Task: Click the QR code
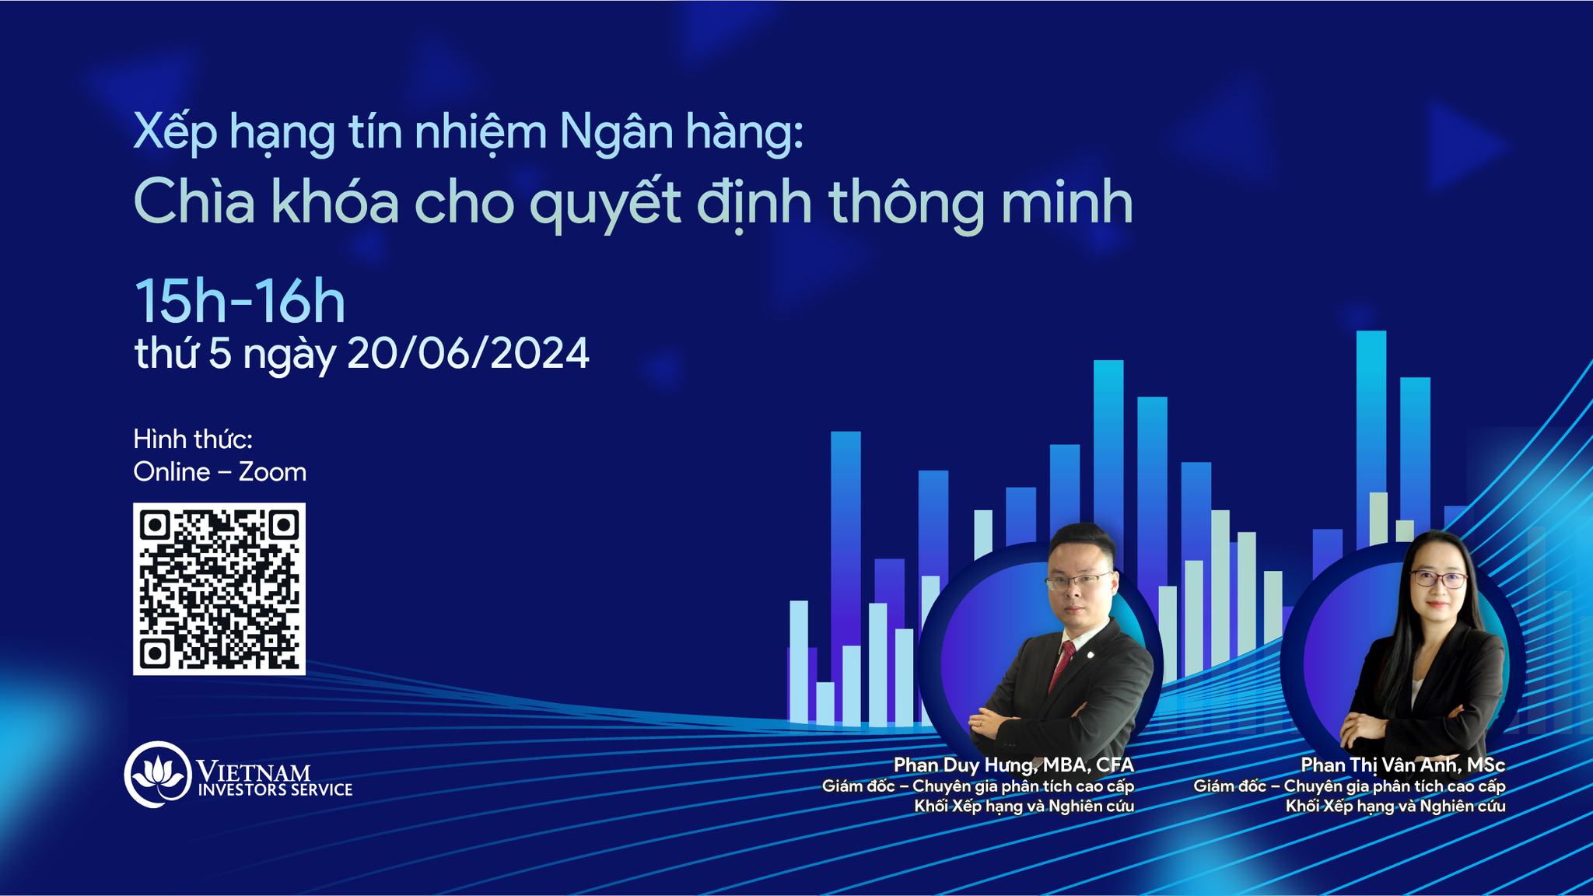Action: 219,589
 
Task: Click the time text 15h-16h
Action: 240,302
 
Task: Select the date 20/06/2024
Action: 468,354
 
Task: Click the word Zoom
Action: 272,472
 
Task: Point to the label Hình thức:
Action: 193,439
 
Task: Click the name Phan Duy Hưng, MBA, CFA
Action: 1014,765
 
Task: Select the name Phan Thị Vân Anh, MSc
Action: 1403,765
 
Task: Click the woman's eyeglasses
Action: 1437,579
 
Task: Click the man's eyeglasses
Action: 1079,581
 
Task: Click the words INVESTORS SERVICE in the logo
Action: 275,790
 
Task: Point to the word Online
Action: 172,472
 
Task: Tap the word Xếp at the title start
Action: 176,134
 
